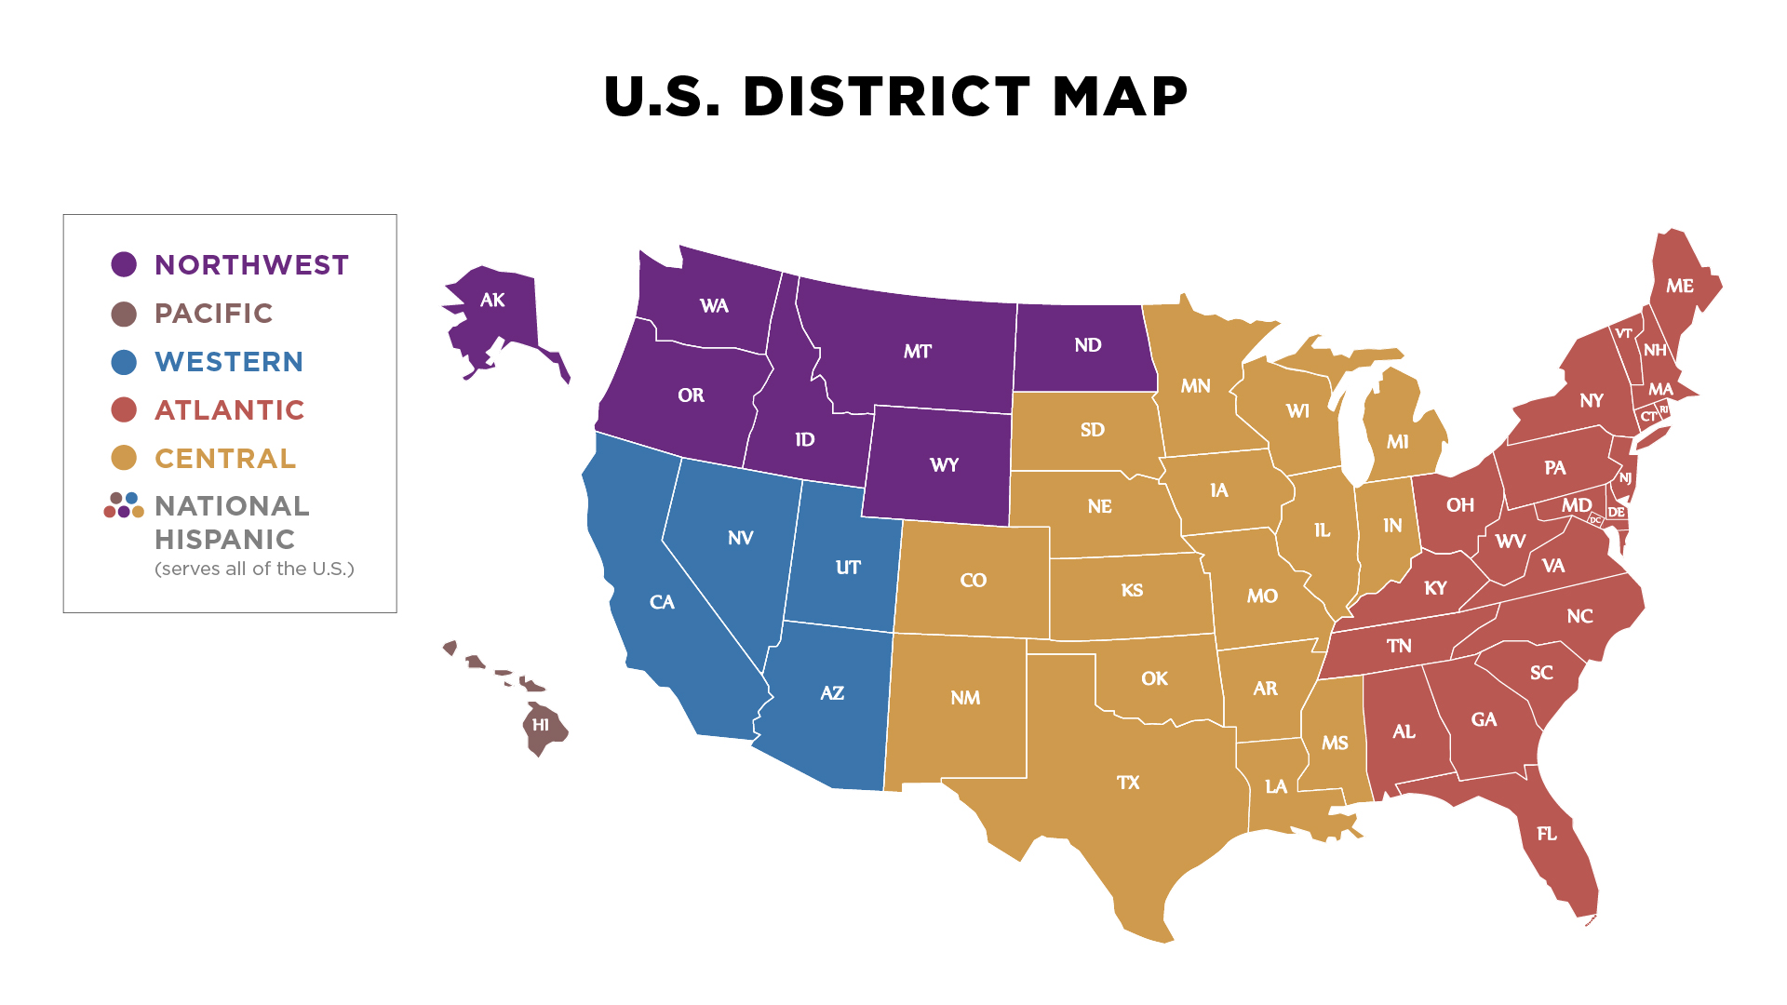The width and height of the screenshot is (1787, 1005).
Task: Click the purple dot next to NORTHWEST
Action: (124, 264)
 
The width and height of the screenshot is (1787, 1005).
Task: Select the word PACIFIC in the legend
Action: (213, 314)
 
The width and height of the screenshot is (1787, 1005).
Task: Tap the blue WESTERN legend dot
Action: (124, 362)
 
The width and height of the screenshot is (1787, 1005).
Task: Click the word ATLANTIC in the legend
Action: (229, 410)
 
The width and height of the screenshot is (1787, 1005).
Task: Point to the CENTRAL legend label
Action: (224, 459)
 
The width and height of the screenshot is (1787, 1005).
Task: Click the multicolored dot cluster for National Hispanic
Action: (124, 505)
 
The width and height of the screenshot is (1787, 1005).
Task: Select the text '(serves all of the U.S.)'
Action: (254, 569)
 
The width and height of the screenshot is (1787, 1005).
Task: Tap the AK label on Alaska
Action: (492, 300)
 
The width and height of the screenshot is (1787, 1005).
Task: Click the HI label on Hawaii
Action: (541, 725)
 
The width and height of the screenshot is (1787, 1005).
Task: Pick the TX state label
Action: (1128, 783)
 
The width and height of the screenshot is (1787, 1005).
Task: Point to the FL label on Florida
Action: (1547, 834)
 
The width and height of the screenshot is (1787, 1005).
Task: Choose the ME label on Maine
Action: (1680, 286)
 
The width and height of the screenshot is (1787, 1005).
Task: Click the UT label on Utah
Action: (848, 568)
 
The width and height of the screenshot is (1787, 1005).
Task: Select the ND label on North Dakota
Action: (1088, 345)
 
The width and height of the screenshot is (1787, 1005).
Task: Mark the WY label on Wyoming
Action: (944, 465)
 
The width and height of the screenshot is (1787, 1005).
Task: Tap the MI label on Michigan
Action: (1397, 442)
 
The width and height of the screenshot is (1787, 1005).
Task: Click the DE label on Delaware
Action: (1617, 513)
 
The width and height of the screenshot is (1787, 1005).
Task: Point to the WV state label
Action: (1510, 542)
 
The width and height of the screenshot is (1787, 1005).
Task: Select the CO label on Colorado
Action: (973, 581)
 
